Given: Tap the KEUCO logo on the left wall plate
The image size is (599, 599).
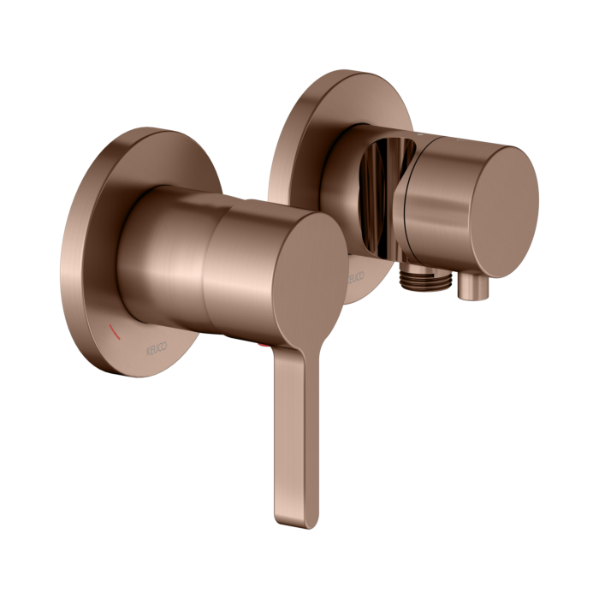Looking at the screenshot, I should [x=128, y=347].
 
